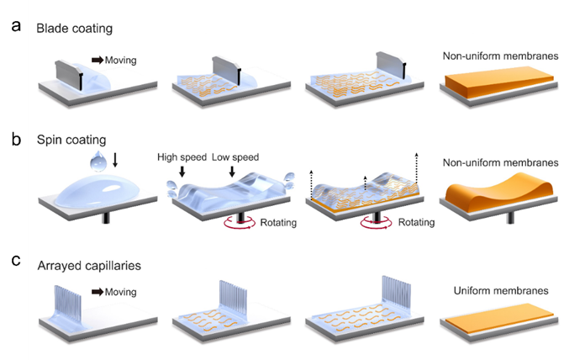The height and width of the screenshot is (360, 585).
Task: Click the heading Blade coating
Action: point(74,29)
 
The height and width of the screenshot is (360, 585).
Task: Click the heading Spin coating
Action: point(71,138)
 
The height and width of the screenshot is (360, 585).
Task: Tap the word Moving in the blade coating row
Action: point(121,60)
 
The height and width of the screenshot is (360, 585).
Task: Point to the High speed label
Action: point(182,157)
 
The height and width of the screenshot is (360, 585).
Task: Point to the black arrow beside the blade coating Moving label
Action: point(97,60)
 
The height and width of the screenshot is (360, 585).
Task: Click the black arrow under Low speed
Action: point(232,172)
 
